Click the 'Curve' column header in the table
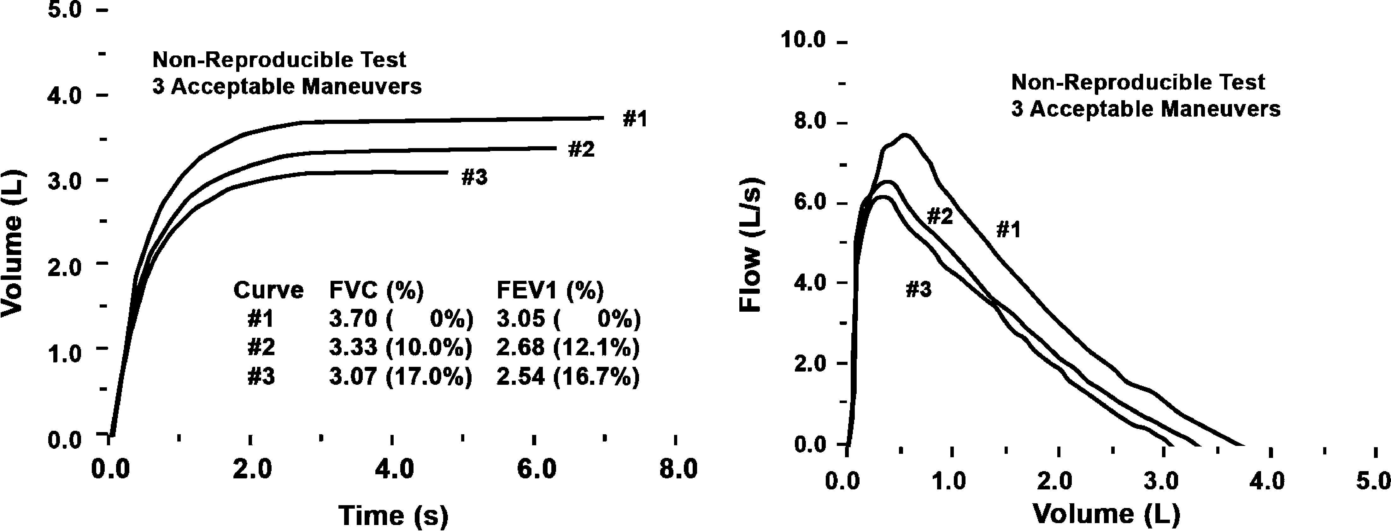point(268,290)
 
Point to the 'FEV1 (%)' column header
point(550,290)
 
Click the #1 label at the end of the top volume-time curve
point(635,119)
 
